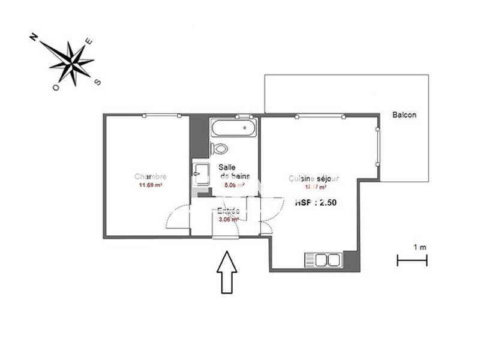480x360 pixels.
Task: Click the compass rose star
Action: pyautogui.click(x=71, y=61)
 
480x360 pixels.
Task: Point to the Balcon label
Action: pyautogui.click(x=404, y=115)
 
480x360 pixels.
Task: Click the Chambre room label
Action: pyautogui.click(x=150, y=177)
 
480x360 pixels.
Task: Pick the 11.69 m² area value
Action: pyautogui.click(x=151, y=185)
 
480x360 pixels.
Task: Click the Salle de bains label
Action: pyautogui.click(x=230, y=172)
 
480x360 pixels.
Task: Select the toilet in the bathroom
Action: pyautogui.click(x=220, y=149)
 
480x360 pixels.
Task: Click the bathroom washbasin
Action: pyautogui.click(x=199, y=172)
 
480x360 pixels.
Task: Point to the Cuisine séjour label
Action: pyautogui.click(x=314, y=179)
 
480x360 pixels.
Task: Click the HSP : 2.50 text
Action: pyautogui.click(x=316, y=203)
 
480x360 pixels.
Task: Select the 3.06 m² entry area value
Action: pyautogui.click(x=229, y=220)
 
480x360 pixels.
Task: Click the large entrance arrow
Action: pyautogui.click(x=227, y=272)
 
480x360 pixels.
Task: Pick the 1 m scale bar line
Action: pyautogui.click(x=412, y=260)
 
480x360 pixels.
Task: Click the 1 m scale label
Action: pyautogui.click(x=420, y=247)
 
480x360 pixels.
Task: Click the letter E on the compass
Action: pyautogui.click(x=89, y=41)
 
